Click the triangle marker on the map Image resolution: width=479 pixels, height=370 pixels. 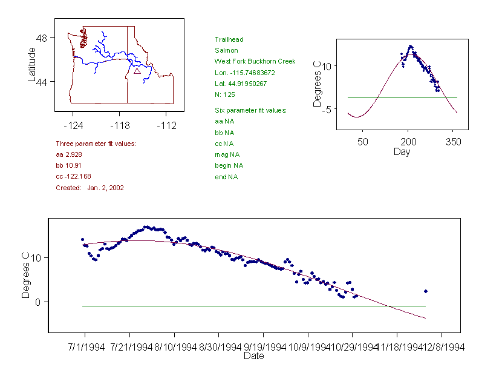point(137,71)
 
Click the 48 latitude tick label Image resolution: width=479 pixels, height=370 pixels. point(42,38)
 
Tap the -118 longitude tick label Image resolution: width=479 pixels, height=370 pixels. point(119,125)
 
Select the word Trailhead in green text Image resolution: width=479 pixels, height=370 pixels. point(229,39)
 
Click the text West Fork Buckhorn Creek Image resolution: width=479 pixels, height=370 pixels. point(255,61)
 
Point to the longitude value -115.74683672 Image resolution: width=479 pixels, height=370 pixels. point(245,73)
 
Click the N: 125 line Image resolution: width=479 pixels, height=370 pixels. point(225,94)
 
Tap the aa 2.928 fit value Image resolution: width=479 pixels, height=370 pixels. point(68,154)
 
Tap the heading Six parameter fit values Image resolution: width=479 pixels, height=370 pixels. point(251,110)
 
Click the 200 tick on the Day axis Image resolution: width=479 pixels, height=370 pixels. point(408,142)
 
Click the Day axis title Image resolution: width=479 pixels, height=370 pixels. point(402,151)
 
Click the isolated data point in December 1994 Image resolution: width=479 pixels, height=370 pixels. point(426,291)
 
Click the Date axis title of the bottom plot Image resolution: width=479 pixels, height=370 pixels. point(254,356)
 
